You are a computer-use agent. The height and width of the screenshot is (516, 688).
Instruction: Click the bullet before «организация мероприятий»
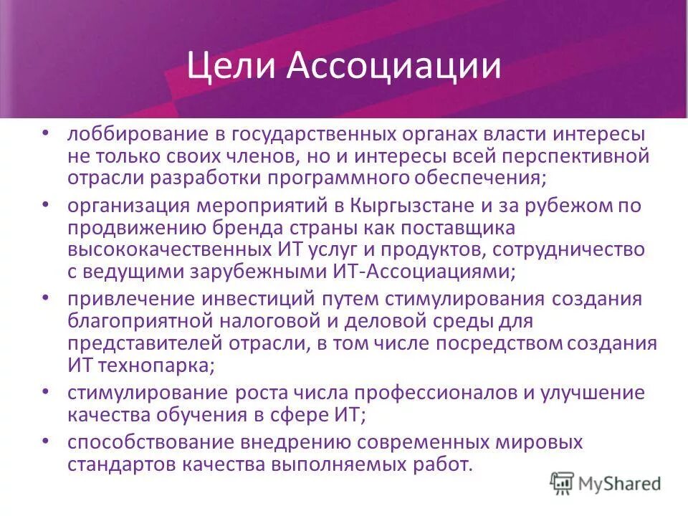click(47, 204)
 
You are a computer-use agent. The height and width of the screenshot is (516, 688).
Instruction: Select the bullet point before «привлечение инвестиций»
click(47, 297)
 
